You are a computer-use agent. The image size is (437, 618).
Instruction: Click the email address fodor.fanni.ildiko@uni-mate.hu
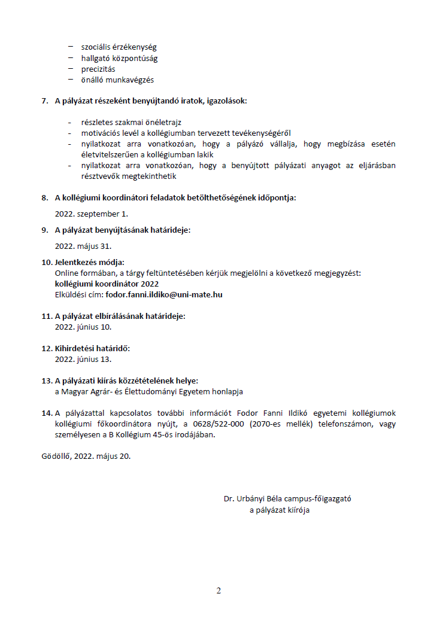164,294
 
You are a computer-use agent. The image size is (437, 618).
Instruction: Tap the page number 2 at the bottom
218,591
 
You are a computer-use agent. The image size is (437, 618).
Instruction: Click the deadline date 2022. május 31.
83,245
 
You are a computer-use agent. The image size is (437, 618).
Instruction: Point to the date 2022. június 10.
83,327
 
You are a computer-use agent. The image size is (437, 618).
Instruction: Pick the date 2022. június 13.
83,359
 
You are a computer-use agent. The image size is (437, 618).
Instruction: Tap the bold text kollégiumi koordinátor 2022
107,284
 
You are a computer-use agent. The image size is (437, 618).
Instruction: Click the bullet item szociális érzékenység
119,47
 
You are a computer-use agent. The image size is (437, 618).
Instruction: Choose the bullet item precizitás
98,69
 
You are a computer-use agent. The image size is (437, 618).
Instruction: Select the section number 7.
45,101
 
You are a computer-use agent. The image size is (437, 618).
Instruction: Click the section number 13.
47,380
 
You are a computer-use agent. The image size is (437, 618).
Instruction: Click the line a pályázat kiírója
280,510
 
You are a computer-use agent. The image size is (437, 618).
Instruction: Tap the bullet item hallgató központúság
119,58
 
